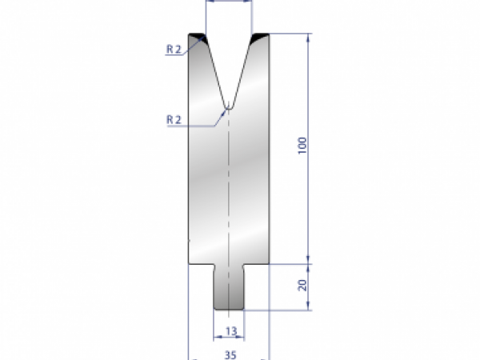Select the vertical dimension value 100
pyautogui.click(x=302, y=146)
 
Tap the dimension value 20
pyautogui.click(x=302, y=286)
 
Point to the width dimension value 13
pyautogui.click(x=230, y=330)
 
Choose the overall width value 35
pyautogui.click(x=230, y=351)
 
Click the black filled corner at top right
pyautogui.click(x=260, y=37)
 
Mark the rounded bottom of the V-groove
pyautogui.click(x=229, y=105)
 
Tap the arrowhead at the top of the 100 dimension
pyautogui.click(x=308, y=37)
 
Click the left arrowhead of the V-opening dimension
pyautogui.click(x=208, y=2)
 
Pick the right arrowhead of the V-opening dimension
pyautogui.click(x=250, y=2)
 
